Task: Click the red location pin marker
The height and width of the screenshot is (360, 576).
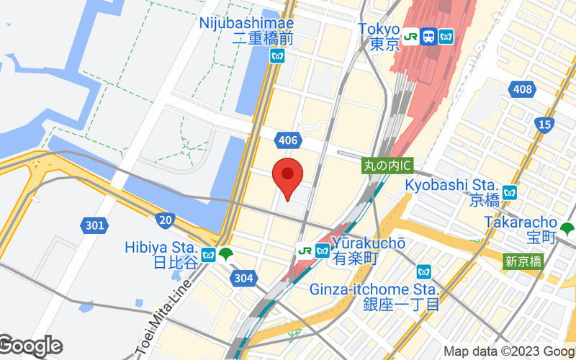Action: pyautogui.click(x=287, y=175)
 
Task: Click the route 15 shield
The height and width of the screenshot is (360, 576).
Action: pyautogui.click(x=545, y=125)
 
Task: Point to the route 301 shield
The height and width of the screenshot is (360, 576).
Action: pyautogui.click(x=94, y=226)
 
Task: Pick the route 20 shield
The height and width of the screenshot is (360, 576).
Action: pyautogui.click(x=165, y=220)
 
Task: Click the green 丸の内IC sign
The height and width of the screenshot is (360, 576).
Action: pyautogui.click(x=387, y=166)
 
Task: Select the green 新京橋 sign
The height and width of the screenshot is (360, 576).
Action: pyautogui.click(x=523, y=262)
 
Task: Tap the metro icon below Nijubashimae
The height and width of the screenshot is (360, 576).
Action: pyautogui.click(x=277, y=55)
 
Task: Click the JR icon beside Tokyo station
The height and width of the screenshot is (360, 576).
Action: pyautogui.click(x=410, y=35)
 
